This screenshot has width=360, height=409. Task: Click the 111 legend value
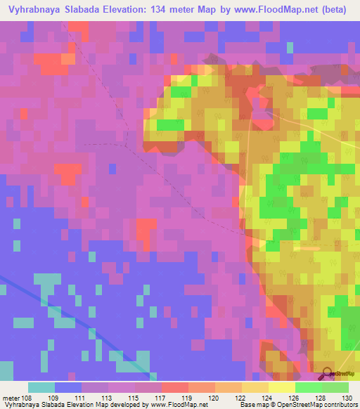tap(90, 398)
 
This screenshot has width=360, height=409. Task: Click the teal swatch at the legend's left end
tap(41, 387)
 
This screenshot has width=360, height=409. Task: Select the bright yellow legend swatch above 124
tap(281, 387)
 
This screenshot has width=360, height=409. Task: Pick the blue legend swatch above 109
tap(68, 387)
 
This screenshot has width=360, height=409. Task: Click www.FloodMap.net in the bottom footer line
tap(179, 405)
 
